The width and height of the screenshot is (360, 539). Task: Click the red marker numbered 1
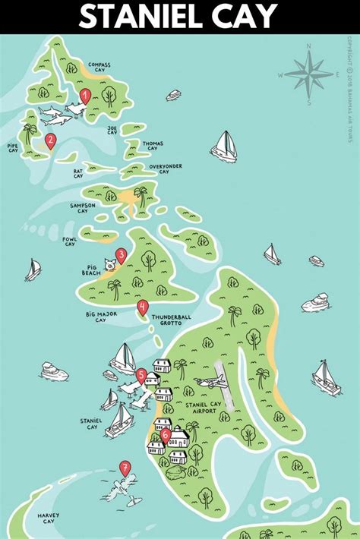[85, 96]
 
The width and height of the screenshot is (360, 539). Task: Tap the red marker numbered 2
[50, 140]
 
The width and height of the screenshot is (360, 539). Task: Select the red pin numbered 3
[121, 255]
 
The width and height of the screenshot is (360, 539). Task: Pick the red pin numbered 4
[142, 307]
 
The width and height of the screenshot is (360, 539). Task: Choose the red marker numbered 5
[141, 374]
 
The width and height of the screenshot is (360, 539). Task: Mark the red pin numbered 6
[166, 435]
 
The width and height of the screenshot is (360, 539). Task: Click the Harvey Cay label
[47, 519]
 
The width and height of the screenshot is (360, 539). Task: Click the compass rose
[308, 75]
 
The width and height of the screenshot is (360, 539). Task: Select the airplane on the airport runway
[208, 383]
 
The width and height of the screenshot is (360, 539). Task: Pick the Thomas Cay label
[153, 145]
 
